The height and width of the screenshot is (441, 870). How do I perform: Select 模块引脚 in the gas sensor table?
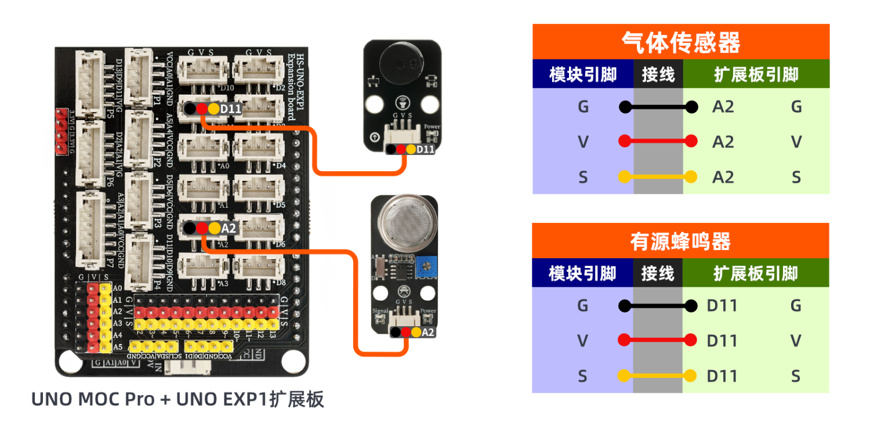583,74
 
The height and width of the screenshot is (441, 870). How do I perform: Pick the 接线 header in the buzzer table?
658,273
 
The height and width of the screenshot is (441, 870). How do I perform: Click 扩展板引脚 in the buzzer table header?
756,273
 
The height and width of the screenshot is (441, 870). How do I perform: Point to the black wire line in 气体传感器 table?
658,107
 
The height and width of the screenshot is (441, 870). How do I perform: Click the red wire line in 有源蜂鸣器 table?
658,340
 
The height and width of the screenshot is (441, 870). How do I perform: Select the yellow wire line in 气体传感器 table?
658,176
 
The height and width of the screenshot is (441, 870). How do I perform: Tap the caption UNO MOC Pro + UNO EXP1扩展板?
177,400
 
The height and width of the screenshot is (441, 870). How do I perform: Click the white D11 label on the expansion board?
231,109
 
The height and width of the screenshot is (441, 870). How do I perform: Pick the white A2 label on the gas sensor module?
428,332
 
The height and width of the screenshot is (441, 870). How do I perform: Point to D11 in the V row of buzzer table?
722,340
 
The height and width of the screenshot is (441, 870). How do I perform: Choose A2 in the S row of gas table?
723,176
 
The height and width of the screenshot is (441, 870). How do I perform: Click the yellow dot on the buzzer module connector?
411,149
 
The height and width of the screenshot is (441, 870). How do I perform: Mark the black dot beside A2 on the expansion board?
190,229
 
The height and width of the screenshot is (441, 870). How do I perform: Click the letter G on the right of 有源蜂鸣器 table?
796,305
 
